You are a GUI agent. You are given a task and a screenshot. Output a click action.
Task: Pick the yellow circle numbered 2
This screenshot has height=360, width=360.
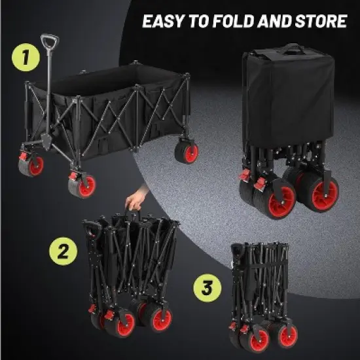62,251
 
